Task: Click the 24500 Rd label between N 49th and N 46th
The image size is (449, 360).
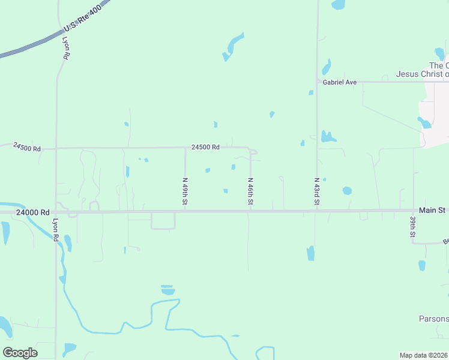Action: [x=205, y=147]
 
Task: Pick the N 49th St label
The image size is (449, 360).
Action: [x=185, y=191]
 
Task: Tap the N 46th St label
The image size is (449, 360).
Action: [x=250, y=191]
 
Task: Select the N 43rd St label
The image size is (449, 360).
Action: [x=316, y=191]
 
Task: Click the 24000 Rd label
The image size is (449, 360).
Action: [x=33, y=212]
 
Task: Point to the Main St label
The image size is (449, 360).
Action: [x=432, y=210]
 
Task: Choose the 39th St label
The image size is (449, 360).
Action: [x=413, y=227]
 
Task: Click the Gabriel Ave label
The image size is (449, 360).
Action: [x=340, y=82]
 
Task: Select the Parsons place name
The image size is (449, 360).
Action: [x=433, y=318]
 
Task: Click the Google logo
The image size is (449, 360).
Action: [x=20, y=353]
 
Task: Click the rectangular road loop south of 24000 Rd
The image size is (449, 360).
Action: [x=163, y=221]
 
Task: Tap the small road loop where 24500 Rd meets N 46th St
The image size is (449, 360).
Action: [x=253, y=152]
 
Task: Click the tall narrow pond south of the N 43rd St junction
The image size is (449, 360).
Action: [x=310, y=253]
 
